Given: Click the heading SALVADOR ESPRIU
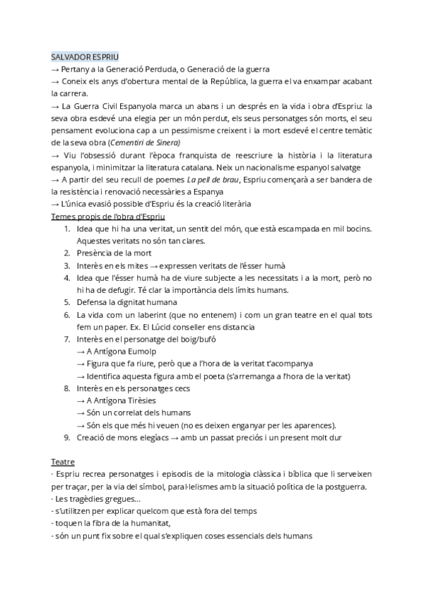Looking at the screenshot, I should (85, 56).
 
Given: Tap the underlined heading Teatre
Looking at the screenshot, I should (63, 461).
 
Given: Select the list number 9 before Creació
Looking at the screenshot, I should (66, 438).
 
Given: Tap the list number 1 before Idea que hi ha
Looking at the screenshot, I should (66, 229).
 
